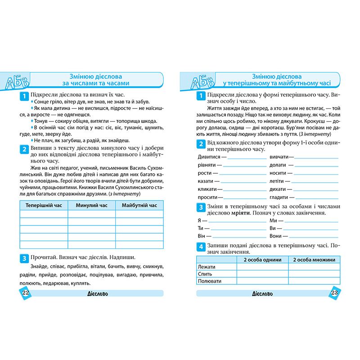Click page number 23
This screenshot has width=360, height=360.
[334, 293]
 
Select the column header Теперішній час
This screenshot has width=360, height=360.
[44, 205]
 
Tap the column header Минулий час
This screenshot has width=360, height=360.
[92, 205]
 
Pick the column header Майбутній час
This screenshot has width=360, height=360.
[139, 205]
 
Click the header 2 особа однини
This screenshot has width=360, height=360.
[262, 260]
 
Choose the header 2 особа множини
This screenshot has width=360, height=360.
[314, 260]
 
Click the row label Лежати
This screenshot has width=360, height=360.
[206, 267]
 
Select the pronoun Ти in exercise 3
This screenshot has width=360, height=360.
[200, 229]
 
